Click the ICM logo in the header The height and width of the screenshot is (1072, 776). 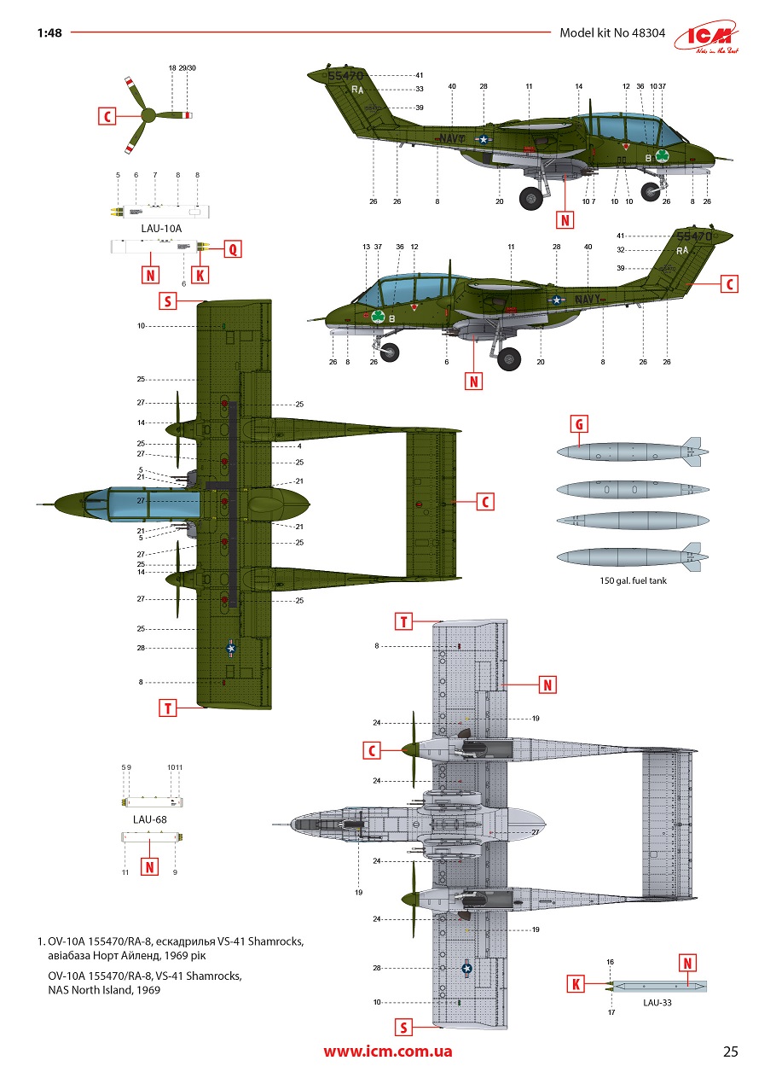pos(707,37)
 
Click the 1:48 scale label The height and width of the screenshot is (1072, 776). pos(49,33)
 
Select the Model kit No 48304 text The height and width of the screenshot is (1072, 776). pos(612,33)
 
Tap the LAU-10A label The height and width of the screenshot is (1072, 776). pos(161,228)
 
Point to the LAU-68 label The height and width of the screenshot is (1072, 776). pos(149,819)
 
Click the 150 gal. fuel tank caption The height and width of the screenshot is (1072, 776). pos(633,580)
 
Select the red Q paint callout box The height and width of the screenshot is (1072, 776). pos(233,249)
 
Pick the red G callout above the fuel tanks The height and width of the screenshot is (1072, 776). pos(579,424)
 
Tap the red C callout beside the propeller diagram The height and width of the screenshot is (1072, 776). pos(107,116)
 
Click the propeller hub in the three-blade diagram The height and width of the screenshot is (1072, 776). pos(148,115)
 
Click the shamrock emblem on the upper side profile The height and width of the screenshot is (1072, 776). pos(663,155)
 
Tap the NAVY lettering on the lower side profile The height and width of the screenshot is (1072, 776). pos(588,300)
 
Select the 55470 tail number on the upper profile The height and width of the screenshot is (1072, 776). pos(345,76)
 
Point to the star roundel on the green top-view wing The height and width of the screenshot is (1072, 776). pos(231,648)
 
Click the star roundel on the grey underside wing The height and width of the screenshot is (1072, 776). pos(466,969)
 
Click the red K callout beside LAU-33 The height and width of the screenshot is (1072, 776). pos(576,984)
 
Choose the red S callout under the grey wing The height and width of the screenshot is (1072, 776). pos(403,1027)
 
